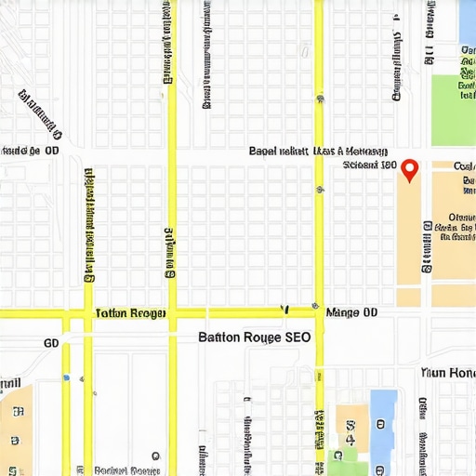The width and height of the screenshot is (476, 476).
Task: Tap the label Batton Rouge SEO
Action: [255, 338]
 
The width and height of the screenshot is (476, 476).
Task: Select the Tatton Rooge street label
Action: [130, 314]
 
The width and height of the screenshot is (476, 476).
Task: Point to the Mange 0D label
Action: [352, 313]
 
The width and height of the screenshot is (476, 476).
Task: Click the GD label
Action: [51, 343]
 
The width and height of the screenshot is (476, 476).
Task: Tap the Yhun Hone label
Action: [448, 372]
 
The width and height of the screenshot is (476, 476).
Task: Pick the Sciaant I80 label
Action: [369, 165]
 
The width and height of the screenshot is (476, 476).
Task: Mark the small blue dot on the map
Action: [66, 377]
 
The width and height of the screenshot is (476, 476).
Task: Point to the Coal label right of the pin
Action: [464, 165]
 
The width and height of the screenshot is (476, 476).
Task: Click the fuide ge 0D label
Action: [31, 150]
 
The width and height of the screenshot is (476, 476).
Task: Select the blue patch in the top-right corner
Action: [467, 22]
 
